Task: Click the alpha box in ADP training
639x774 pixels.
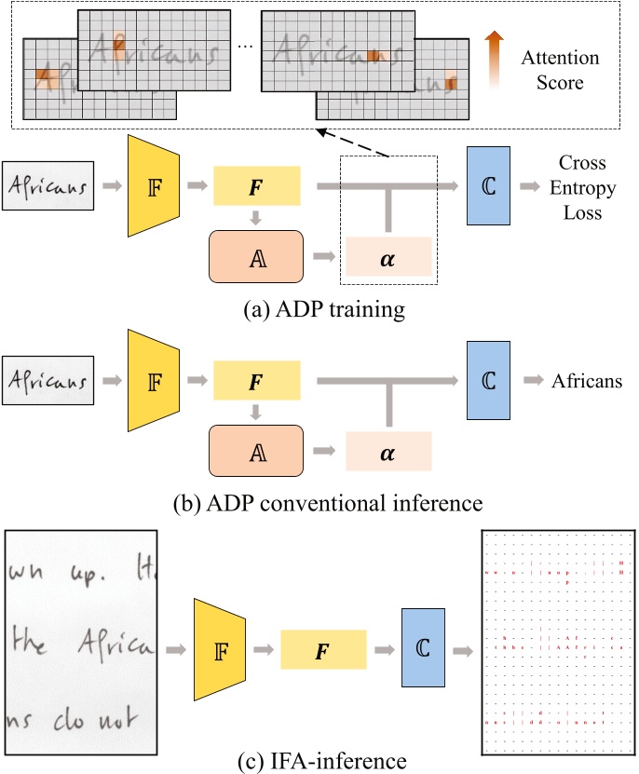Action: [388, 254]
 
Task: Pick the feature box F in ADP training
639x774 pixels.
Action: [257, 186]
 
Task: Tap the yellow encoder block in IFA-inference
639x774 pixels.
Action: [220, 648]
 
